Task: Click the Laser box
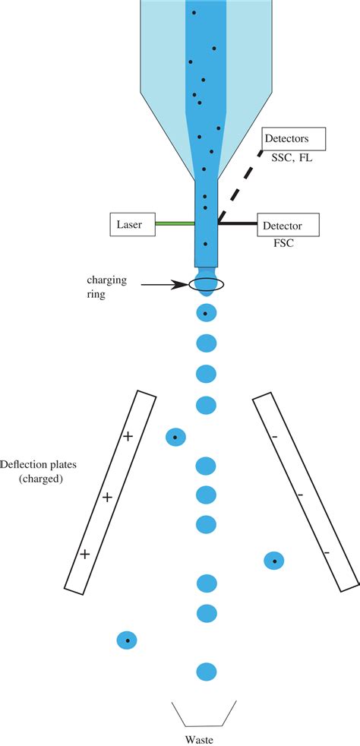point(132,224)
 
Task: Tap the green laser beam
point(175,224)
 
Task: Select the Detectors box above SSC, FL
point(293,139)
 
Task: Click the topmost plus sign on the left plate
point(128,436)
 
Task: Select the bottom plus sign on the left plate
point(85,555)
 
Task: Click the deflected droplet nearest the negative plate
point(274,561)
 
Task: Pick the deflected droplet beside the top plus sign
point(175,438)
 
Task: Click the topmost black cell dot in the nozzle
point(194,13)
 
